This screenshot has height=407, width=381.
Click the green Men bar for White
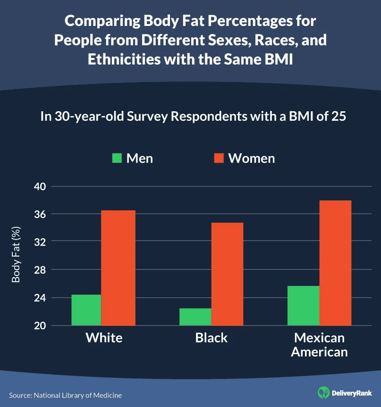click(x=86, y=310)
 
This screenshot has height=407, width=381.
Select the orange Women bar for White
click(x=119, y=268)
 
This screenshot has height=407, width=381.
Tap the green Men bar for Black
click(x=195, y=317)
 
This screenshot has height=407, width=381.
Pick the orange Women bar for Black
click(x=227, y=274)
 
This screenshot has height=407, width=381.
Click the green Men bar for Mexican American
click(x=303, y=306)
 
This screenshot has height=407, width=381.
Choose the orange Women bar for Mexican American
click(x=335, y=263)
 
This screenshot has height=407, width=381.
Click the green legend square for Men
click(x=117, y=158)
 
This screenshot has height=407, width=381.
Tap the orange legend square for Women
click(x=219, y=158)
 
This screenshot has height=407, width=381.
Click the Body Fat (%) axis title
click(x=17, y=256)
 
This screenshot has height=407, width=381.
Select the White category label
click(x=104, y=338)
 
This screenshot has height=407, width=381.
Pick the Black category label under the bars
click(x=211, y=338)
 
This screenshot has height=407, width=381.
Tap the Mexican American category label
click(x=319, y=345)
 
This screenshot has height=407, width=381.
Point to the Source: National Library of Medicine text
click(x=65, y=395)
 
